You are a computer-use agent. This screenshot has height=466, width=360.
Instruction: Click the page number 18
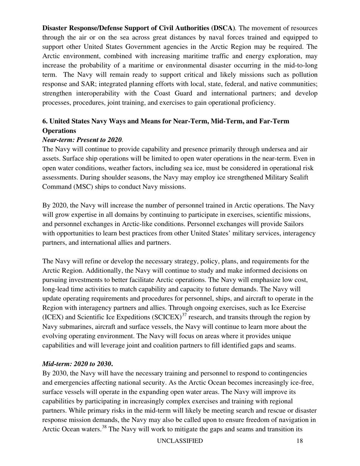click(300, 441)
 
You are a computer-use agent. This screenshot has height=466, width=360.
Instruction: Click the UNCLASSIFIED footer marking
click(180, 441)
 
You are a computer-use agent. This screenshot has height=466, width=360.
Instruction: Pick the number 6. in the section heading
click(45, 121)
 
